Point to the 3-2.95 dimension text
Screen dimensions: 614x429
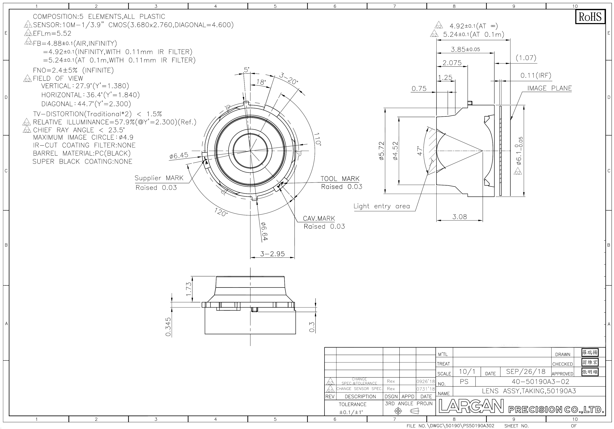tap(273, 254)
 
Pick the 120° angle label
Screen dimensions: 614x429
tap(221, 213)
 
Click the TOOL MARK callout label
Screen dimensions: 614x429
tap(340, 178)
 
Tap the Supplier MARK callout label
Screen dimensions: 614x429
tap(159, 178)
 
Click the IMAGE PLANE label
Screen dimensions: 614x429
tap(549, 88)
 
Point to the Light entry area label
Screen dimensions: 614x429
tap(382, 206)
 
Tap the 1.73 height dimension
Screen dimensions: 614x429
tap(189, 289)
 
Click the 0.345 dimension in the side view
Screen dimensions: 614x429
tap(168, 327)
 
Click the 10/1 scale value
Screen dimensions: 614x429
tap(467, 372)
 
